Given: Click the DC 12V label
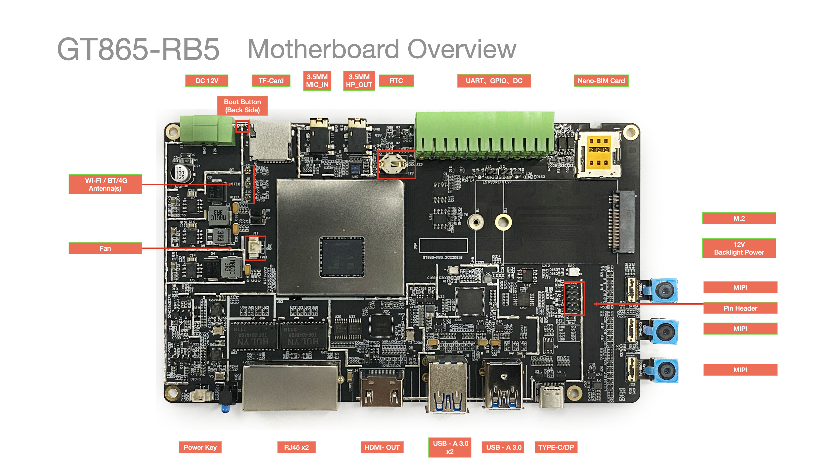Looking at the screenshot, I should pyautogui.click(x=207, y=81).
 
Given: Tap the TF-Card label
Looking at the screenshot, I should pyautogui.click(x=271, y=81).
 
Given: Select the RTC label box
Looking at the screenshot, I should pyautogui.click(x=396, y=81).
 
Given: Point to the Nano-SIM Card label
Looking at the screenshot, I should pyautogui.click(x=601, y=81).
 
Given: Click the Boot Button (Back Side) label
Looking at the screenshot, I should pyautogui.click(x=242, y=106).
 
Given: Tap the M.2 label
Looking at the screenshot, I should pyautogui.click(x=739, y=219).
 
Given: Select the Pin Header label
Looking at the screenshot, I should pyautogui.click(x=740, y=308).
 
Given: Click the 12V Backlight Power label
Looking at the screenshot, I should pyautogui.click(x=739, y=249).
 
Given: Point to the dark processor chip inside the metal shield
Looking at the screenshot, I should pyautogui.click(x=342, y=257).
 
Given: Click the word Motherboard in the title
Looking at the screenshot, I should pyautogui.click(x=323, y=49).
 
